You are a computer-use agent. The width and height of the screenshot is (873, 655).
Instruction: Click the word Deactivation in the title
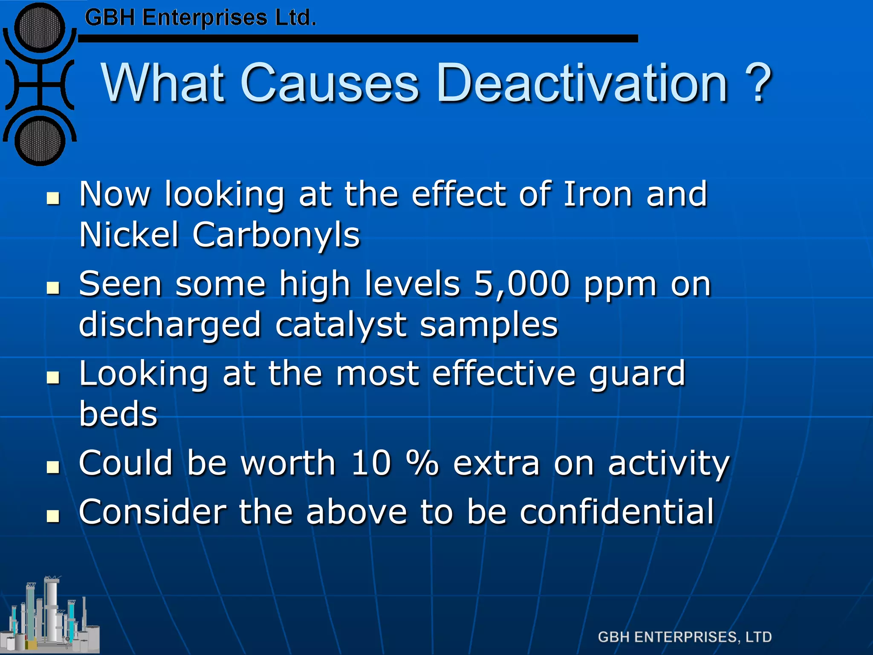point(582,83)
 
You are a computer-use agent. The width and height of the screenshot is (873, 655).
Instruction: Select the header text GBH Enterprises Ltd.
point(200,18)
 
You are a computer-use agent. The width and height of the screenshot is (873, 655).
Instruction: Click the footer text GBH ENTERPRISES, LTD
point(685,637)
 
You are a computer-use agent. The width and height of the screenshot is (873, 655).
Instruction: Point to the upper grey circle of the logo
point(40,28)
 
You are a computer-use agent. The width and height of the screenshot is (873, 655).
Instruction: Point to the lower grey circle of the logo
point(40,141)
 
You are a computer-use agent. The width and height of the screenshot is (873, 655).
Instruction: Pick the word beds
point(118,414)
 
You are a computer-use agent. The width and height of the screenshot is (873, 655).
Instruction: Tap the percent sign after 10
point(422,463)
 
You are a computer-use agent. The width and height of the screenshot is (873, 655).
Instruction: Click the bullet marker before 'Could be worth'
point(53,467)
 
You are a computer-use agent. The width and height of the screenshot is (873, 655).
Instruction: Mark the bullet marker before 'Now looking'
point(53,198)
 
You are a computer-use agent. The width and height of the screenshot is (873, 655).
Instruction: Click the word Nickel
point(129,235)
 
